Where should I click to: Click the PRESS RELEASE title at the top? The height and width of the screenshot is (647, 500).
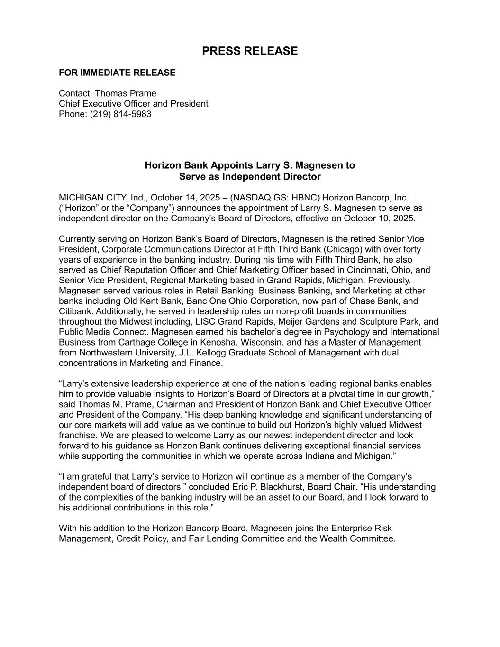pos(250,51)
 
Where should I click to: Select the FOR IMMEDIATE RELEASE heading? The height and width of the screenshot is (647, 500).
pos(117,73)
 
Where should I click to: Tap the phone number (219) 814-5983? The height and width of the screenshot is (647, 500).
pos(121,114)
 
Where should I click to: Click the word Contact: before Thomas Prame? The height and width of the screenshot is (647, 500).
pos(75,93)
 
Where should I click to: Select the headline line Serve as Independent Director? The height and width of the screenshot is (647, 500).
pos(250,177)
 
